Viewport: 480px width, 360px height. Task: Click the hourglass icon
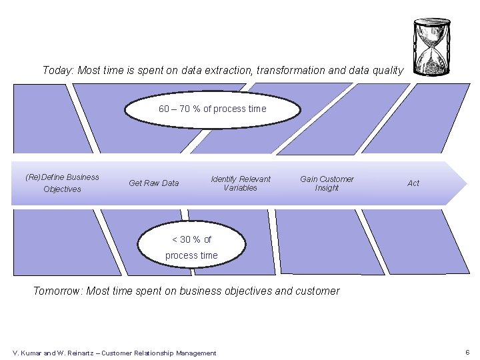431,47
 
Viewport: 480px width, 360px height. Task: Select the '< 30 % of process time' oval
191,247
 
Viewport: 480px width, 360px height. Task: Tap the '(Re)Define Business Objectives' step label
62,183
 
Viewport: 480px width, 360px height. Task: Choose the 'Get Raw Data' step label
153,183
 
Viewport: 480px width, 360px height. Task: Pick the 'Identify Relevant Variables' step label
240,183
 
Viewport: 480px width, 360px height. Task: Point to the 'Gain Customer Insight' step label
327,183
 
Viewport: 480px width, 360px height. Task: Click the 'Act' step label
413,183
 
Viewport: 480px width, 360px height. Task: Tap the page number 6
467,352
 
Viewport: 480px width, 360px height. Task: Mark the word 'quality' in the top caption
387,71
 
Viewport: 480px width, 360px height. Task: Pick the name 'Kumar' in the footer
31,353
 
